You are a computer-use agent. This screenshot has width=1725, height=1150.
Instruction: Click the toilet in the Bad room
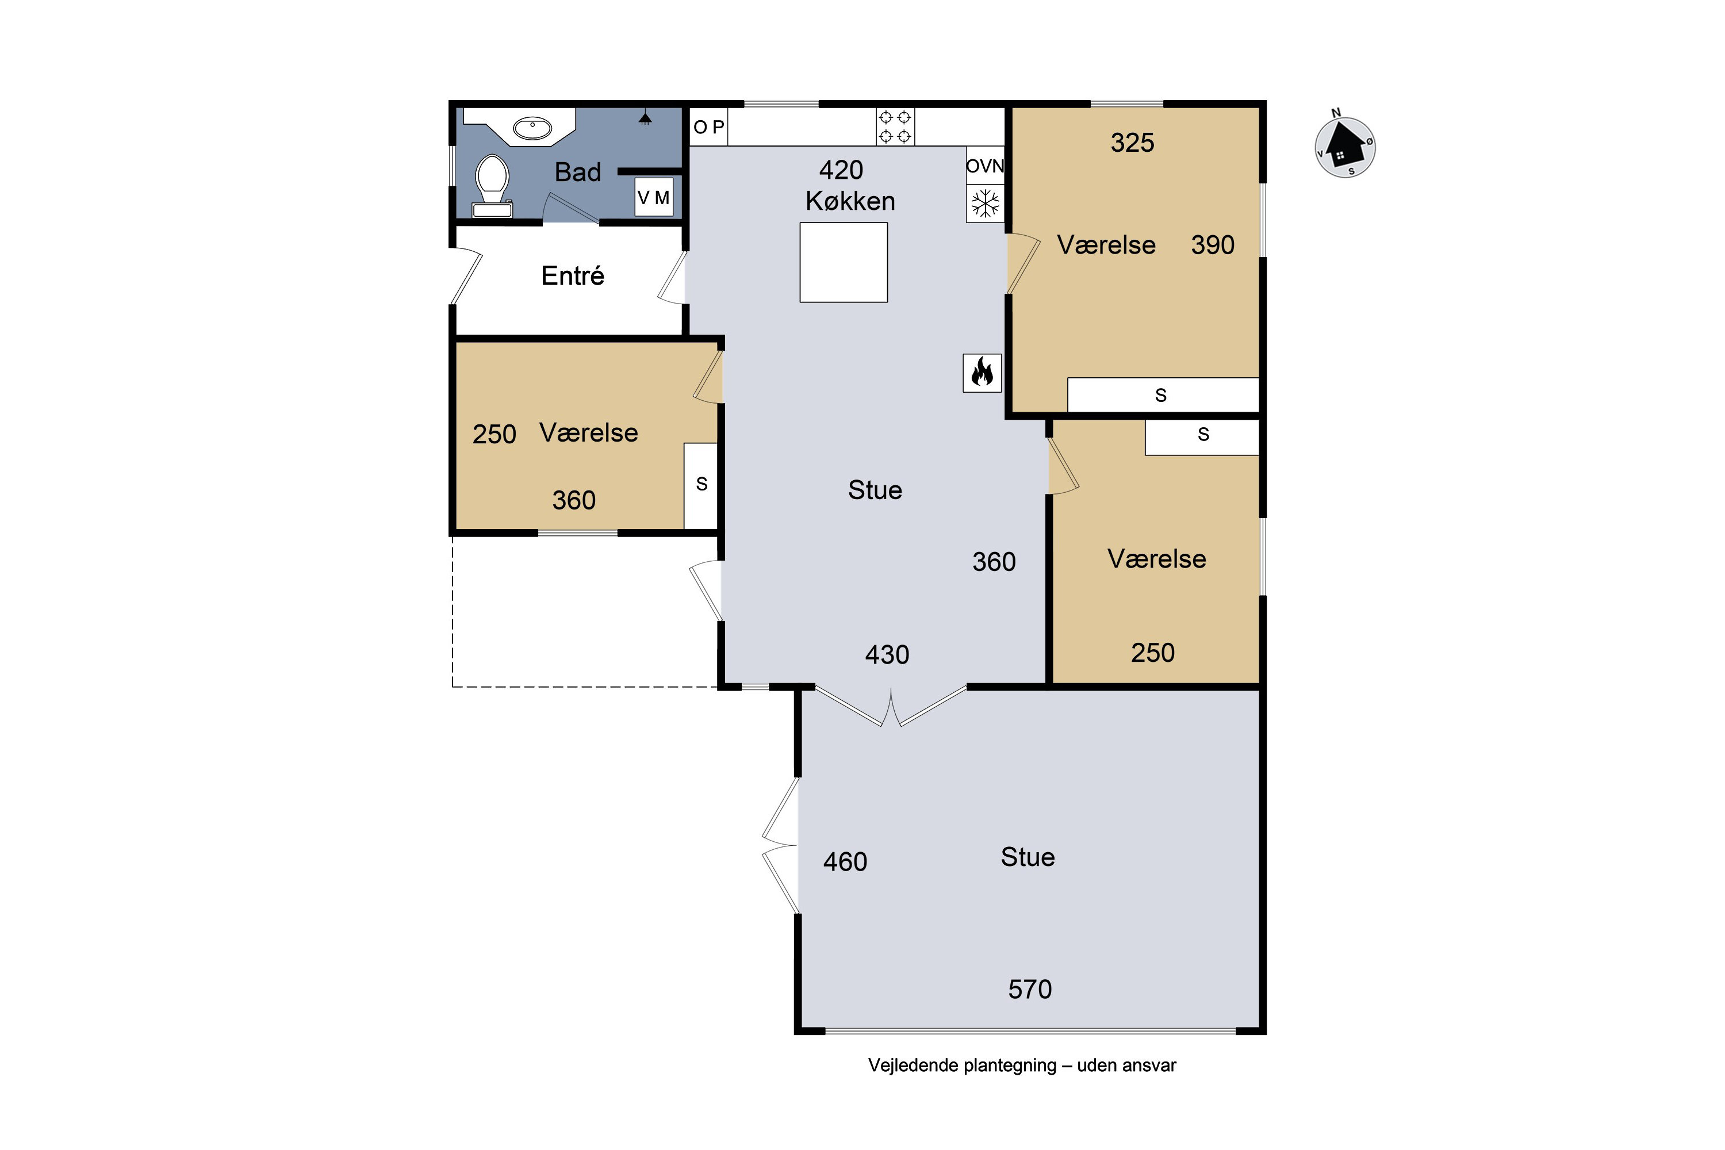492,186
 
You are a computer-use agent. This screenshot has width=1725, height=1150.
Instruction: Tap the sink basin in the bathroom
532,128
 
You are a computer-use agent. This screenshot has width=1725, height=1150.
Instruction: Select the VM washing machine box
653,197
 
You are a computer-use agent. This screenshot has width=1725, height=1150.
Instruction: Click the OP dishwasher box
708,127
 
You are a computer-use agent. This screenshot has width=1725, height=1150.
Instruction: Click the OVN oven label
984,166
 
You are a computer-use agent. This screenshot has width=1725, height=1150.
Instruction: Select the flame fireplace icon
982,373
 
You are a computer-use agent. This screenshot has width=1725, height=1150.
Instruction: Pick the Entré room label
573,276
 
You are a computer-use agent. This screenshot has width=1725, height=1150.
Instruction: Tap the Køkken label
850,201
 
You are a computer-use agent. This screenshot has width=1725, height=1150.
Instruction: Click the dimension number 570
1030,990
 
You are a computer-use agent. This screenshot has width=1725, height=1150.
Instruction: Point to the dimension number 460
845,862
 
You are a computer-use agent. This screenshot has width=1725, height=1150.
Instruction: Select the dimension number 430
887,655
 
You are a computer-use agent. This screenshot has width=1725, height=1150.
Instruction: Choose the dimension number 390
1212,245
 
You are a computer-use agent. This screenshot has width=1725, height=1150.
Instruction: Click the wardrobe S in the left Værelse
701,485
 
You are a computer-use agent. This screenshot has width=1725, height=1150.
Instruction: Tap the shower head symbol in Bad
645,118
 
